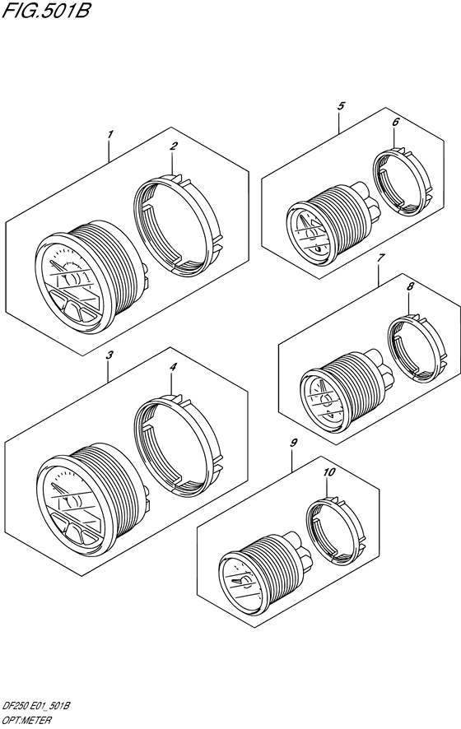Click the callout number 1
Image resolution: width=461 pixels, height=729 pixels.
[x=109, y=135]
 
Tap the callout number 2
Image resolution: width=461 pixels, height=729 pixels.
[x=173, y=146]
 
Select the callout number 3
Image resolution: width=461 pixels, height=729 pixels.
[x=109, y=355]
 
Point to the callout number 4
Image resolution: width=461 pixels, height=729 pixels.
[x=173, y=367]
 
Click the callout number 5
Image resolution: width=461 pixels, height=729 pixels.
[x=341, y=106]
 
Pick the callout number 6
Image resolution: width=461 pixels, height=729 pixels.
[x=395, y=123]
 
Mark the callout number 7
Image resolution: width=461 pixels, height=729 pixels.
[x=380, y=258]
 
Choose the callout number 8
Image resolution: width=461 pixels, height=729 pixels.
[x=410, y=287]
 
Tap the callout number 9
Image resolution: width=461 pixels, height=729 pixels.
[x=293, y=443]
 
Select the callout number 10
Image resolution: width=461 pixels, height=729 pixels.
[x=329, y=472]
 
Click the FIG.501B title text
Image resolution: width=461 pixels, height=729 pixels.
[x=45, y=10]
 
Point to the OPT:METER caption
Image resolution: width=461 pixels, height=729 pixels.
[x=27, y=721]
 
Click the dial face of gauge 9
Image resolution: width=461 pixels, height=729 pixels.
[x=241, y=580]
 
